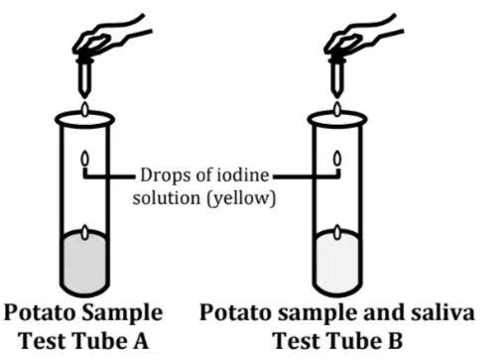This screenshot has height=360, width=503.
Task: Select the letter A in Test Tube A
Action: click(141, 341)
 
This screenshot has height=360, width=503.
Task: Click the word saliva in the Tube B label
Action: click(442, 312)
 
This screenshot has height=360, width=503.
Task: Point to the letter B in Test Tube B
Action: click(395, 341)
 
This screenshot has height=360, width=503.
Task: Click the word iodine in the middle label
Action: click(242, 175)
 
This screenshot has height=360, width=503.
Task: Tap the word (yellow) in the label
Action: click(241, 199)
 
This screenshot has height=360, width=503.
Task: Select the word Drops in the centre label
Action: click(167, 176)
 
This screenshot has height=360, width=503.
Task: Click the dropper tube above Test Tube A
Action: click(84, 77)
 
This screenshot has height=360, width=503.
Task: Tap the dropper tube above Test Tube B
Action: click(336, 77)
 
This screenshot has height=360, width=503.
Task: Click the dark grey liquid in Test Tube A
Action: click(84, 263)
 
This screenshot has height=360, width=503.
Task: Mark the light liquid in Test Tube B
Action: click(337, 263)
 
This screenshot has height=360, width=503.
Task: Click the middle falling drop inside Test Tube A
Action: click(85, 159)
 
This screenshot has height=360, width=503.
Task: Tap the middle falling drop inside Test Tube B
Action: click(337, 159)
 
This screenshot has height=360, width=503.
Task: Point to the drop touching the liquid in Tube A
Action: click(85, 232)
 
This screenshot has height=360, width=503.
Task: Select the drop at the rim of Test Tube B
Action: click(337, 109)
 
